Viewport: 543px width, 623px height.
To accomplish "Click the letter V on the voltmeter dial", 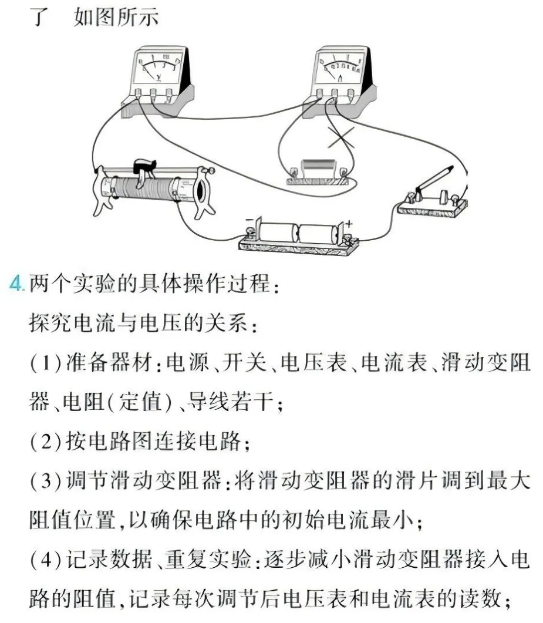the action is coord(159,77).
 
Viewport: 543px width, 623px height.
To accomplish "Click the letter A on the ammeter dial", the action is coord(340,78).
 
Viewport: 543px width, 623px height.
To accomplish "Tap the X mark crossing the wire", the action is coord(341,137).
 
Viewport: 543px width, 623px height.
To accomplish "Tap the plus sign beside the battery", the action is coord(348,224).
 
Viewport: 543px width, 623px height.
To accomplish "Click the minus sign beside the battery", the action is coord(249,220).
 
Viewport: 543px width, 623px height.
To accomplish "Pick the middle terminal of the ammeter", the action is coord(335,94).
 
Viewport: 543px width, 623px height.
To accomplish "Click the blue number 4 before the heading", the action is coord(16,284).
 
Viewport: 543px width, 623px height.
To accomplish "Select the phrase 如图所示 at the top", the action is coord(116,18).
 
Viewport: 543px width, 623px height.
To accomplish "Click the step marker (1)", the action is coord(46,363).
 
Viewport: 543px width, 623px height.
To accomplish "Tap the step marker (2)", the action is coord(46,442).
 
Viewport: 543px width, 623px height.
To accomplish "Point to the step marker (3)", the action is coord(46,481).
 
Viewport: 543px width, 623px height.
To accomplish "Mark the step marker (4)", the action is coord(46,560).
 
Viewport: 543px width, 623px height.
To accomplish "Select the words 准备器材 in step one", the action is coord(109,363).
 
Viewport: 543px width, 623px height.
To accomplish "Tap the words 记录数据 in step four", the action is coord(109,560).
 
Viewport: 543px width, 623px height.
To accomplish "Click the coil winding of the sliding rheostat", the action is coord(144,188).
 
